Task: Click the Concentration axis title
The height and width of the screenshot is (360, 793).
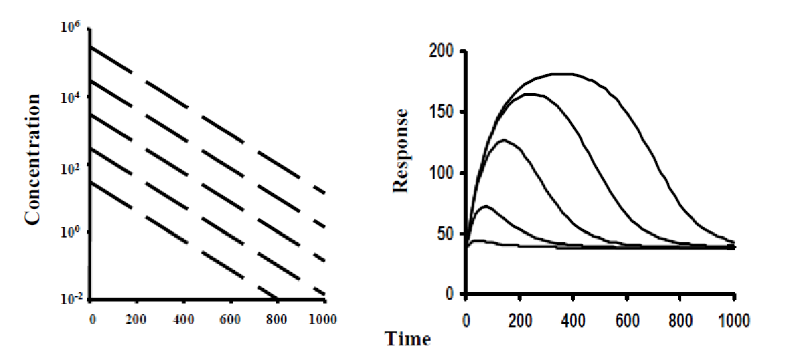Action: [x=33, y=159]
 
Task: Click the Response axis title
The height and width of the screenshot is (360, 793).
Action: [x=400, y=149]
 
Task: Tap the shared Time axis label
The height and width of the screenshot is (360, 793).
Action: [x=408, y=339]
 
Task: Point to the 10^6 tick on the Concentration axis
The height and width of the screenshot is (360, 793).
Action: [x=72, y=27]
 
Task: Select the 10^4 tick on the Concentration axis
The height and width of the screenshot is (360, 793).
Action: [x=72, y=97]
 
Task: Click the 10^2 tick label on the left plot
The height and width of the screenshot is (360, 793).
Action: [x=72, y=166]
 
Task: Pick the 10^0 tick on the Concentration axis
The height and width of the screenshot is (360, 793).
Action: [x=72, y=233]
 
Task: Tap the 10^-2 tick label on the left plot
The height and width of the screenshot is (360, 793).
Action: [x=71, y=300]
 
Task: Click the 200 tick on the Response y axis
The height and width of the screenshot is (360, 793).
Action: [x=442, y=51]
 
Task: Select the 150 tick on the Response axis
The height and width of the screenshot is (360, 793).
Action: [x=442, y=112]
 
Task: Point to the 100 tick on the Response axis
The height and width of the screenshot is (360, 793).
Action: [x=442, y=173]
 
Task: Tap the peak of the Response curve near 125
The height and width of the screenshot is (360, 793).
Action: [x=504, y=140]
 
